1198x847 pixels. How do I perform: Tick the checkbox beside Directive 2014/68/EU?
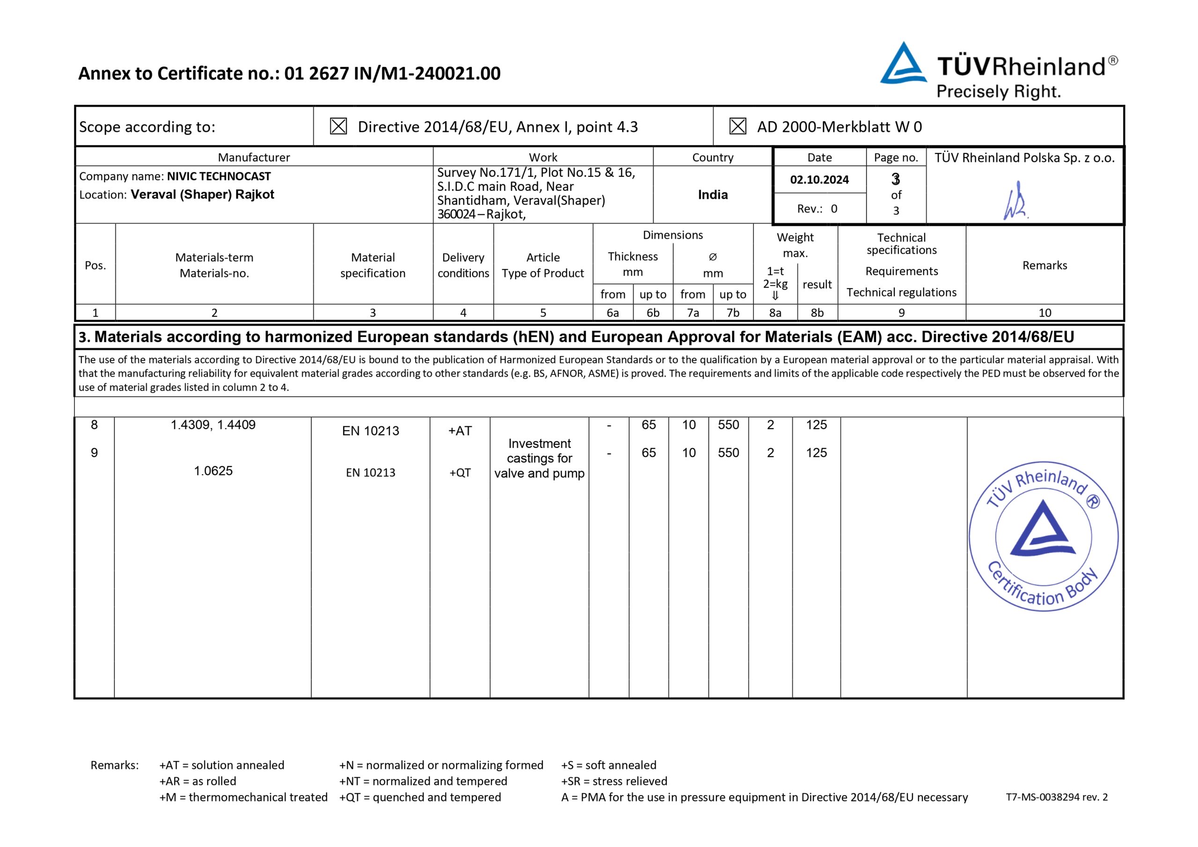tap(338, 126)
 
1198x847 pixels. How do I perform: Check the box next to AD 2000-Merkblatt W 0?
tap(737, 126)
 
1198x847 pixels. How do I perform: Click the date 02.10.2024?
tap(819, 180)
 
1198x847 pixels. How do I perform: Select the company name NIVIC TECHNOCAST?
tap(219, 176)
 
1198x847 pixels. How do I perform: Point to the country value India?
tap(713, 195)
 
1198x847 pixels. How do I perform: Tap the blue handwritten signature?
tap(1015, 201)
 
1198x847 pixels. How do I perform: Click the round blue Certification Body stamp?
tap(1044, 536)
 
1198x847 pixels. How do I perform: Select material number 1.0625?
tap(213, 471)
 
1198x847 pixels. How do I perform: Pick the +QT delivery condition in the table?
tap(460, 473)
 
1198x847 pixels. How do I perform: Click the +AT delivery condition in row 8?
tap(460, 431)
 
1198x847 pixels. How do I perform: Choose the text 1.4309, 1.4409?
tap(213, 425)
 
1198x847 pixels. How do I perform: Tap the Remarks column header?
tap(1045, 265)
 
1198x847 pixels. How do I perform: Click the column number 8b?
tap(817, 313)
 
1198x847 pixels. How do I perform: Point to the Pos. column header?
tap(95, 265)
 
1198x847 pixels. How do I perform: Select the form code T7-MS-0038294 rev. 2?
tap(1057, 797)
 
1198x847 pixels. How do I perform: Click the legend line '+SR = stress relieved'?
tap(614, 781)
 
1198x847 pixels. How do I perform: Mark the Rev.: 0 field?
tap(817, 209)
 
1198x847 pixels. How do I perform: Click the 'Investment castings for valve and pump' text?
tap(540, 458)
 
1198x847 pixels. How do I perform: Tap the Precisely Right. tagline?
tap(999, 92)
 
